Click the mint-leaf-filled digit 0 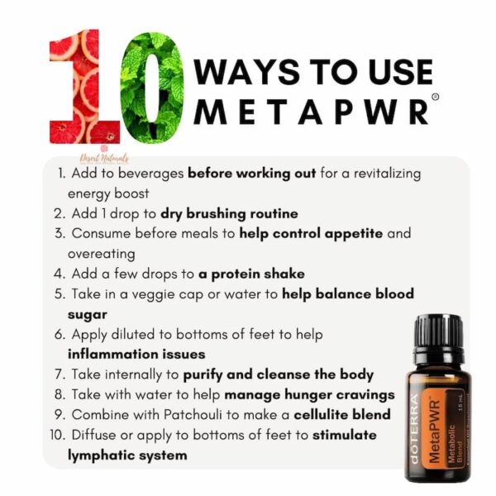(x=151, y=87)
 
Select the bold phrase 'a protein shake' (x=251, y=274)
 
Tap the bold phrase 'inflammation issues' (x=136, y=354)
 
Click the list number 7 (x=60, y=374)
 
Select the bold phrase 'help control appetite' (x=311, y=234)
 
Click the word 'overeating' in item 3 (x=101, y=254)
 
